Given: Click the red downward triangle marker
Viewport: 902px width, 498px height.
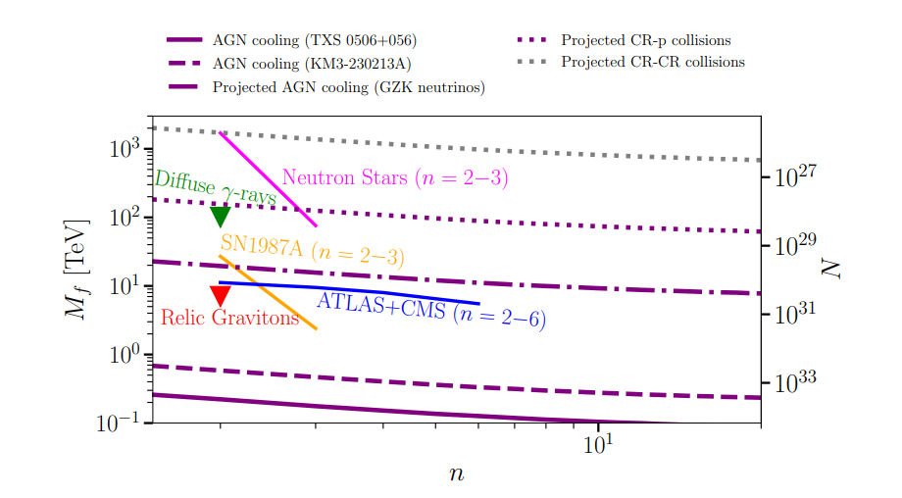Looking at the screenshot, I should pyautogui.click(x=221, y=295).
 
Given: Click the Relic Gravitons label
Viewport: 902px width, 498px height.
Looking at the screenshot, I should pyautogui.click(x=229, y=319).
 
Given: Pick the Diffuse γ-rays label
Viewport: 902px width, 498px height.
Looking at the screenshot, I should pyautogui.click(x=215, y=187).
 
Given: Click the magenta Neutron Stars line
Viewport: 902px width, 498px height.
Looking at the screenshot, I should pyautogui.click(x=268, y=178).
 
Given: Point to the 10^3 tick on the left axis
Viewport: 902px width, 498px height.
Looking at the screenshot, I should pyautogui.click(x=124, y=149).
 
